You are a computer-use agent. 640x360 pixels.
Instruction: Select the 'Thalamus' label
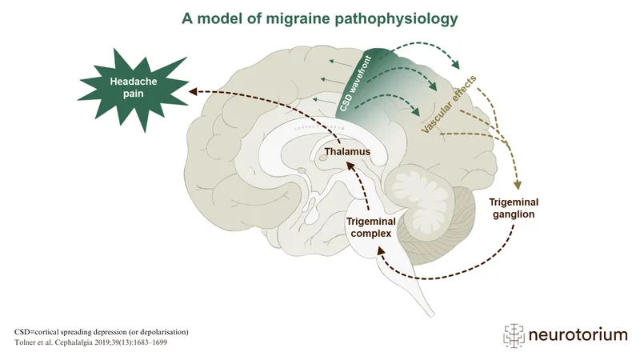pyautogui.click(x=348, y=150)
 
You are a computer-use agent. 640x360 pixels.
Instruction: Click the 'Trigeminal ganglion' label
pyautogui.click(x=512, y=208)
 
